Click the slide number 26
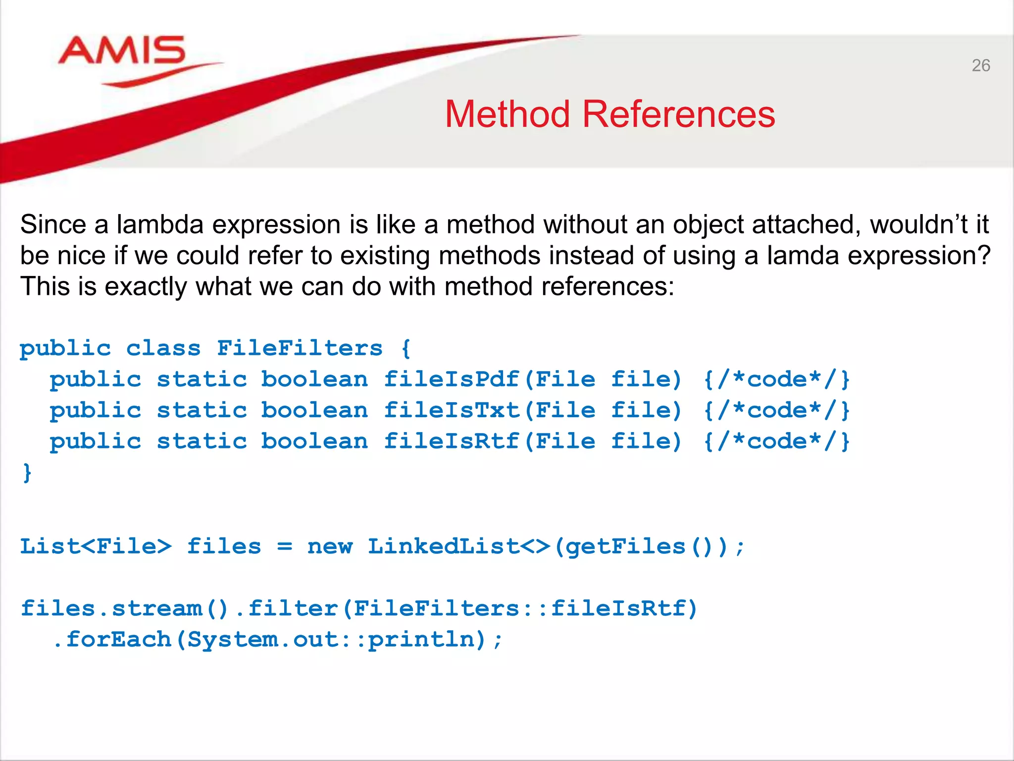(980, 65)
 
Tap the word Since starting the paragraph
(53, 224)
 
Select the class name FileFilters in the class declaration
(300, 348)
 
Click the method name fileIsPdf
(452, 380)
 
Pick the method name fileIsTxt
(452, 411)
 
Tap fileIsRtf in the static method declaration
(452, 441)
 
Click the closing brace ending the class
(27, 473)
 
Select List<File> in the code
(96, 546)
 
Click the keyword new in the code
(330, 546)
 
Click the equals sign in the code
(284, 546)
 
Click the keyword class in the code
(163, 348)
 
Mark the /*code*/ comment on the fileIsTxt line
(777, 411)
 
